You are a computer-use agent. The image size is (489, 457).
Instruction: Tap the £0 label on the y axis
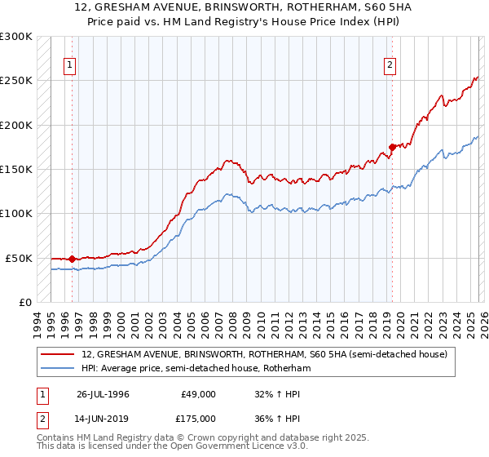click(24, 302)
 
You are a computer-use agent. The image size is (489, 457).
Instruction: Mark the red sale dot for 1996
click(72, 259)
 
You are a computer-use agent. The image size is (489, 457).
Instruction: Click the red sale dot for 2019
click(392, 147)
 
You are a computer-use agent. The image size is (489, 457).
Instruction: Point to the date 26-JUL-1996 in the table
click(103, 394)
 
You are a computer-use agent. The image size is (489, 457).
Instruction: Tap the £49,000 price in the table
click(198, 394)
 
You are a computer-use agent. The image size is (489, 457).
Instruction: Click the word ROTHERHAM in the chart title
click(282, 7)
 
